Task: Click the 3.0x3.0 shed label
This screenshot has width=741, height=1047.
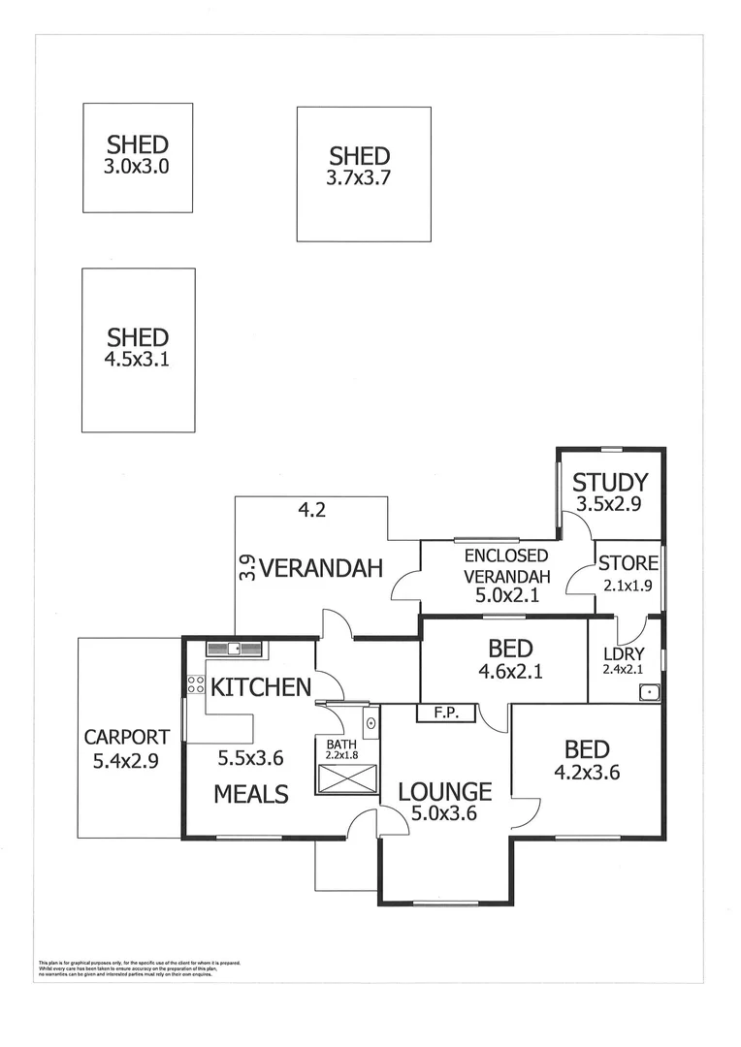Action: [137, 144]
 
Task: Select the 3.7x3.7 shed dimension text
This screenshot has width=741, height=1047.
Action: [359, 177]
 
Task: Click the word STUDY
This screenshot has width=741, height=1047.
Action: [609, 482]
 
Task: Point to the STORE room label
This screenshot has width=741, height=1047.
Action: [628, 563]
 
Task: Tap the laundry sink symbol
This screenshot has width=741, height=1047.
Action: [649, 691]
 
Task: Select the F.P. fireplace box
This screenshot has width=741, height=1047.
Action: [445, 714]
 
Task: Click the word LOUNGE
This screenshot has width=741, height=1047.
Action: [443, 791]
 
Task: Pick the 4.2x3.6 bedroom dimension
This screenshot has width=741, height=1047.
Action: [587, 773]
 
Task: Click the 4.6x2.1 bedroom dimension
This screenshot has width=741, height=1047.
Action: [501, 669]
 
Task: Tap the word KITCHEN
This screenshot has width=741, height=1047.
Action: [261, 687]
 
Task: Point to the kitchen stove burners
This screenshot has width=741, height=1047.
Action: [195, 683]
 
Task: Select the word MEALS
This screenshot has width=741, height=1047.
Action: [251, 794]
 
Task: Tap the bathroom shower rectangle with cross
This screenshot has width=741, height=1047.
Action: [347, 778]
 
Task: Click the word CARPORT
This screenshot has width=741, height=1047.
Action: [126, 737]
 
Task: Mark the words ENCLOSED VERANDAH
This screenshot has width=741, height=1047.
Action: [505, 565]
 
